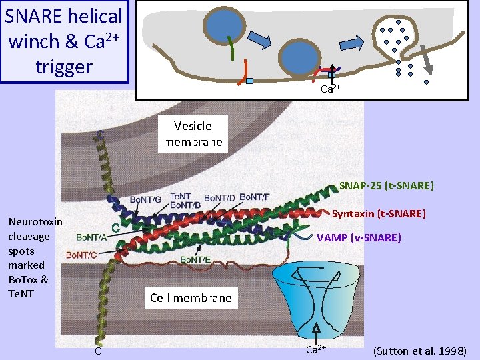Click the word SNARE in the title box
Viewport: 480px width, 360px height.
(33, 15)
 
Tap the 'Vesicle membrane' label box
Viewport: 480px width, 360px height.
(193, 133)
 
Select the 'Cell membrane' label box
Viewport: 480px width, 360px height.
(191, 298)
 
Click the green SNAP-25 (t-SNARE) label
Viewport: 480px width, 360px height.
(386, 185)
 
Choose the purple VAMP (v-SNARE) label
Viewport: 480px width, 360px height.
(359, 237)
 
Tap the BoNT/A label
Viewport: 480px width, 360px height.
(93, 237)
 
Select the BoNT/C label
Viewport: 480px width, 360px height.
(82, 255)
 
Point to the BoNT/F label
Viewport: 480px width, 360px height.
(254, 197)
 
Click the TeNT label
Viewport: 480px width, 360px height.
(181, 196)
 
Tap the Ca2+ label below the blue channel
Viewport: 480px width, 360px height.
(316, 349)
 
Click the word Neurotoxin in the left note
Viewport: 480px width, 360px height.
(35, 222)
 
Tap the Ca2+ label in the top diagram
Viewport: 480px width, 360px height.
(331, 89)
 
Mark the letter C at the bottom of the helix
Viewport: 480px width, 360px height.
(97, 351)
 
